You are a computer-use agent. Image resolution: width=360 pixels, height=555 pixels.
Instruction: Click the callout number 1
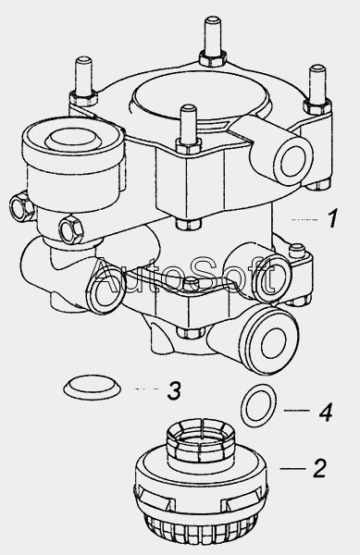[332, 218]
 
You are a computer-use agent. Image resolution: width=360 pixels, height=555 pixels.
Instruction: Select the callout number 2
[319, 468]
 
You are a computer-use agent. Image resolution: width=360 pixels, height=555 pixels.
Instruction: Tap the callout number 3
[174, 390]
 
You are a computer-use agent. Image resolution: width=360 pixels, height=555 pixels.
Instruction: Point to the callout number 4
[326, 412]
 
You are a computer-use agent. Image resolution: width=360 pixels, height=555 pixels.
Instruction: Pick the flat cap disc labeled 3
[92, 388]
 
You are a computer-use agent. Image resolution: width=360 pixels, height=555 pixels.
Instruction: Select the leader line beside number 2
[292, 469]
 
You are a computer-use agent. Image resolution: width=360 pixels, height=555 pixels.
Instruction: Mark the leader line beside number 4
[297, 410]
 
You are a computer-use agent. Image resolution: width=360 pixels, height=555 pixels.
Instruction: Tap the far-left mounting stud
[83, 80]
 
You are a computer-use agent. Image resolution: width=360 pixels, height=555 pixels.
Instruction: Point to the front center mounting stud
[188, 129]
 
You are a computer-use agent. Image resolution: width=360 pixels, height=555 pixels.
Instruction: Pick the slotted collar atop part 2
[200, 443]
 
